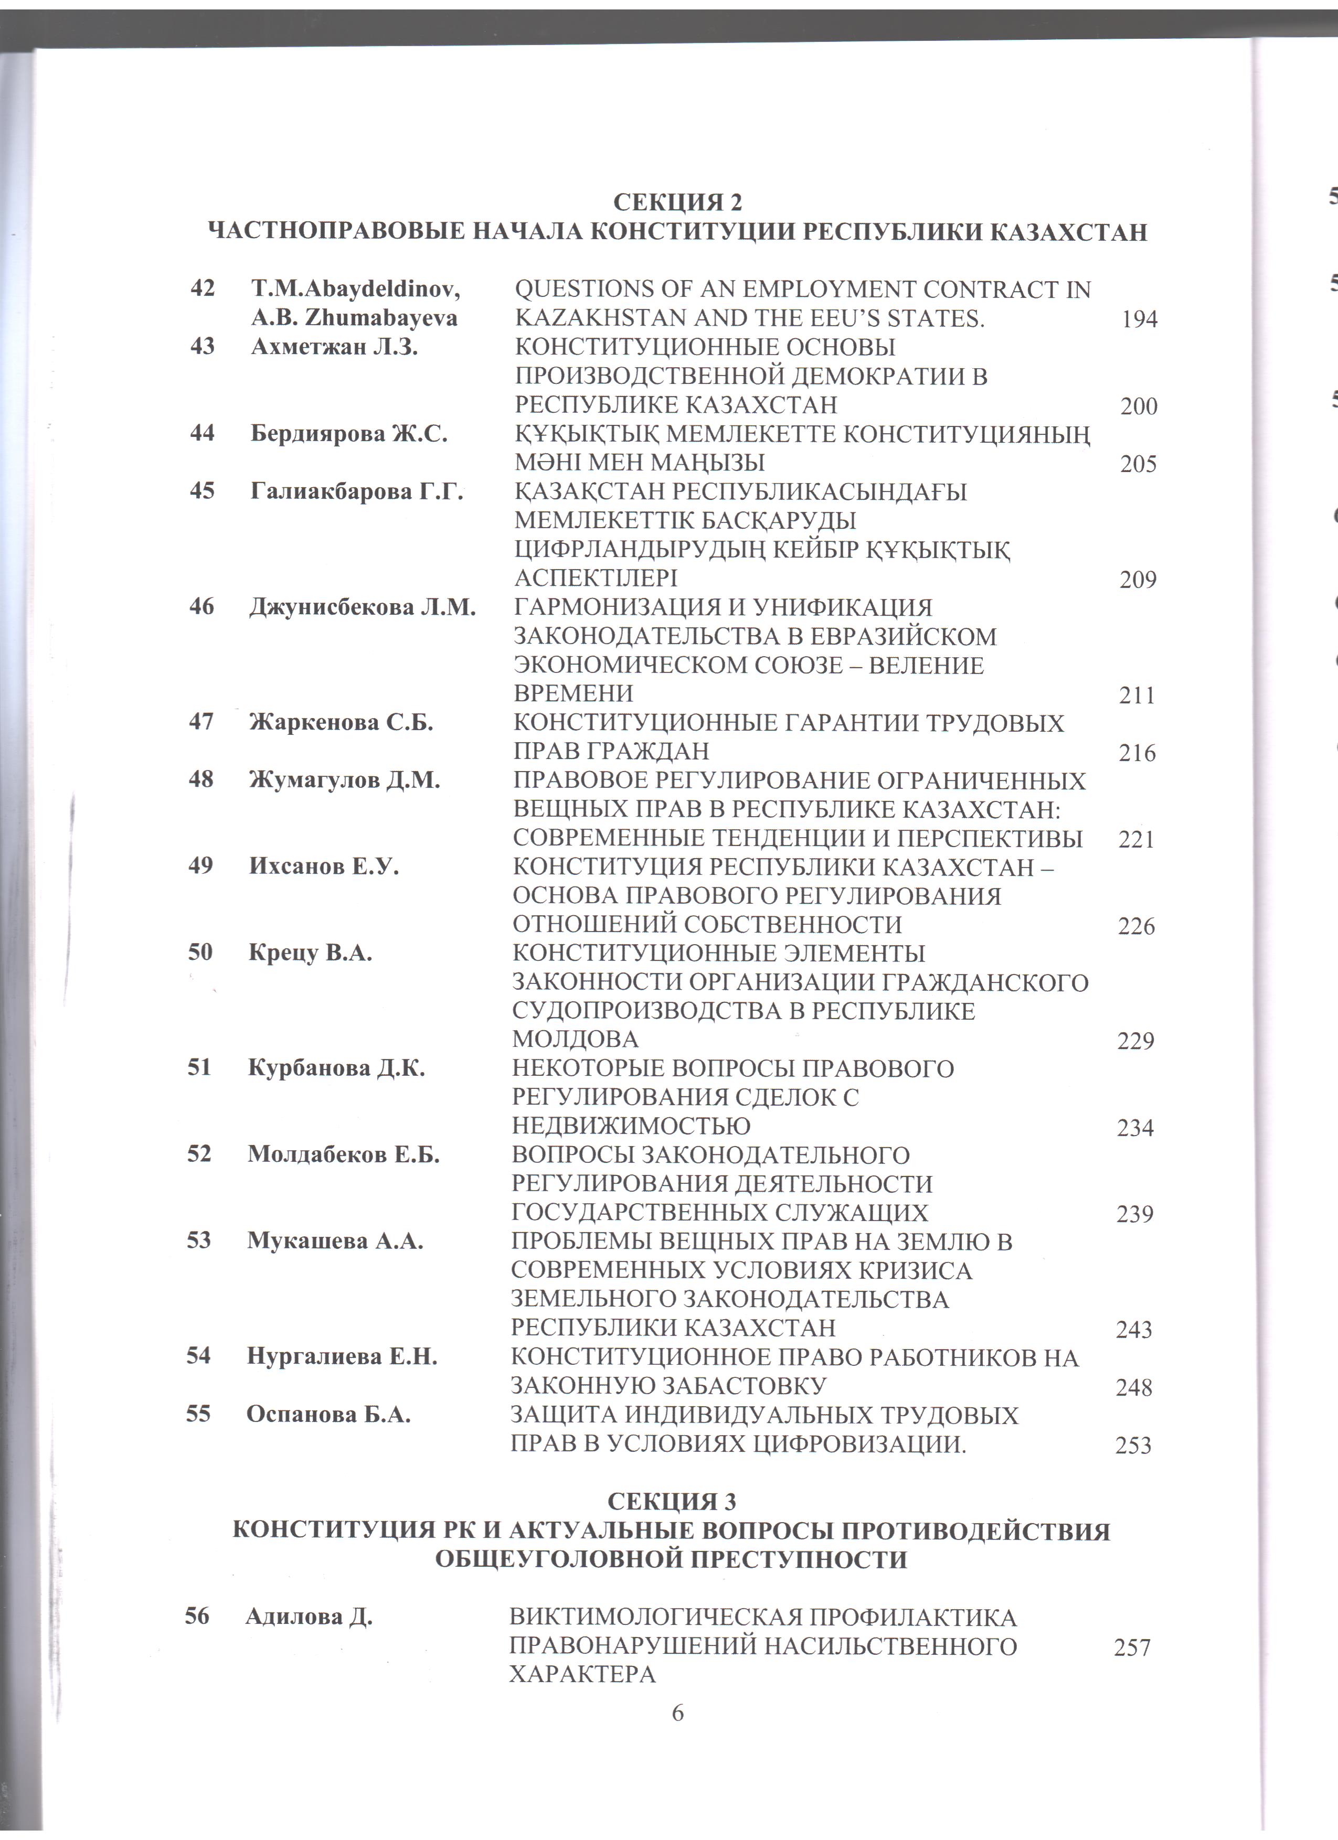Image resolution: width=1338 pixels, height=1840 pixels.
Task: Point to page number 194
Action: click(x=1139, y=319)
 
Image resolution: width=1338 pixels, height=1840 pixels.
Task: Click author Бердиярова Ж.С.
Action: click(x=349, y=433)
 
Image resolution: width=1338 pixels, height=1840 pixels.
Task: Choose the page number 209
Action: click(x=1138, y=580)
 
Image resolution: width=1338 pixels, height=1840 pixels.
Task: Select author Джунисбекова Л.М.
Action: click(x=362, y=607)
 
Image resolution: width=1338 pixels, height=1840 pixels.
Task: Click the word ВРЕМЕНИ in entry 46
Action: click(x=574, y=693)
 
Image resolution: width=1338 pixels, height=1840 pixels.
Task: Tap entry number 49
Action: click(x=200, y=865)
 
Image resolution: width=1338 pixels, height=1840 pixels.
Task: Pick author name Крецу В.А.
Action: click(x=310, y=953)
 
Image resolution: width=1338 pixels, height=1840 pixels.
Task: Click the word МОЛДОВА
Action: click(x=575, y=1039)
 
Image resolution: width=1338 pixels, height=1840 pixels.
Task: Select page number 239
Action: click(x=1135, y=1214)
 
